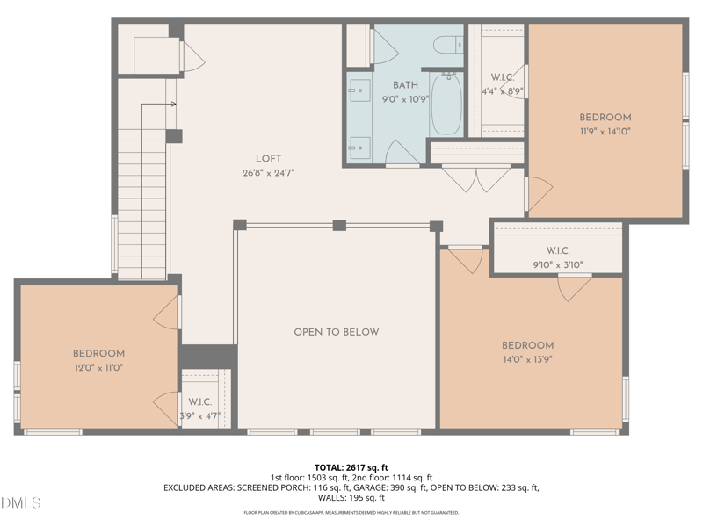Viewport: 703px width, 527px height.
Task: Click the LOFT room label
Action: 269,159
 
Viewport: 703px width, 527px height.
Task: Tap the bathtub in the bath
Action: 446,105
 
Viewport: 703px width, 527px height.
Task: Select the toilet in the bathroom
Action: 448,45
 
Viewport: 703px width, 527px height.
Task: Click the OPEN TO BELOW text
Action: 337,332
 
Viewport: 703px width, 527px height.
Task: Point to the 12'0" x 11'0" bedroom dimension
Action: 98,368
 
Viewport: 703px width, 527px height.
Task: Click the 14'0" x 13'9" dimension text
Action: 527,359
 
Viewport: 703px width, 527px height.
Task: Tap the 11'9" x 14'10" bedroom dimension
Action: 605,131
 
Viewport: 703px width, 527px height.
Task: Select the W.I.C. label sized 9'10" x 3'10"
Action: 558,250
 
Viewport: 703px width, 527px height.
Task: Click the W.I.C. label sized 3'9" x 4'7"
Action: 200,402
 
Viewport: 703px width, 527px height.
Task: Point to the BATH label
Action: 405,85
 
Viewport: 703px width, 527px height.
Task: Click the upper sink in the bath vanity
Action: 359,90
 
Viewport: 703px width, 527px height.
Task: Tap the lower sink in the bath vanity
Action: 359,148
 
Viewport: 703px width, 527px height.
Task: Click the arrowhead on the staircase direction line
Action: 173,105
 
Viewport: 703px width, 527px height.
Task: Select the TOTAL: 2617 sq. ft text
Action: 351,468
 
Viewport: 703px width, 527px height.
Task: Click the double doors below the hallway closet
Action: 476,180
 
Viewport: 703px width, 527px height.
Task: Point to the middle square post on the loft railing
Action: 339,225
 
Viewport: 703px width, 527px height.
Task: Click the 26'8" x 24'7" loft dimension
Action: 269,173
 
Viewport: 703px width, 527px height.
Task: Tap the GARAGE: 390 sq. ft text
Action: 390,487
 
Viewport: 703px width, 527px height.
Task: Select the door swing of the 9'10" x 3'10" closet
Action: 575,288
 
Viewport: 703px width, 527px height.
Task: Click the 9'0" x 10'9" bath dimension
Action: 405,99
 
